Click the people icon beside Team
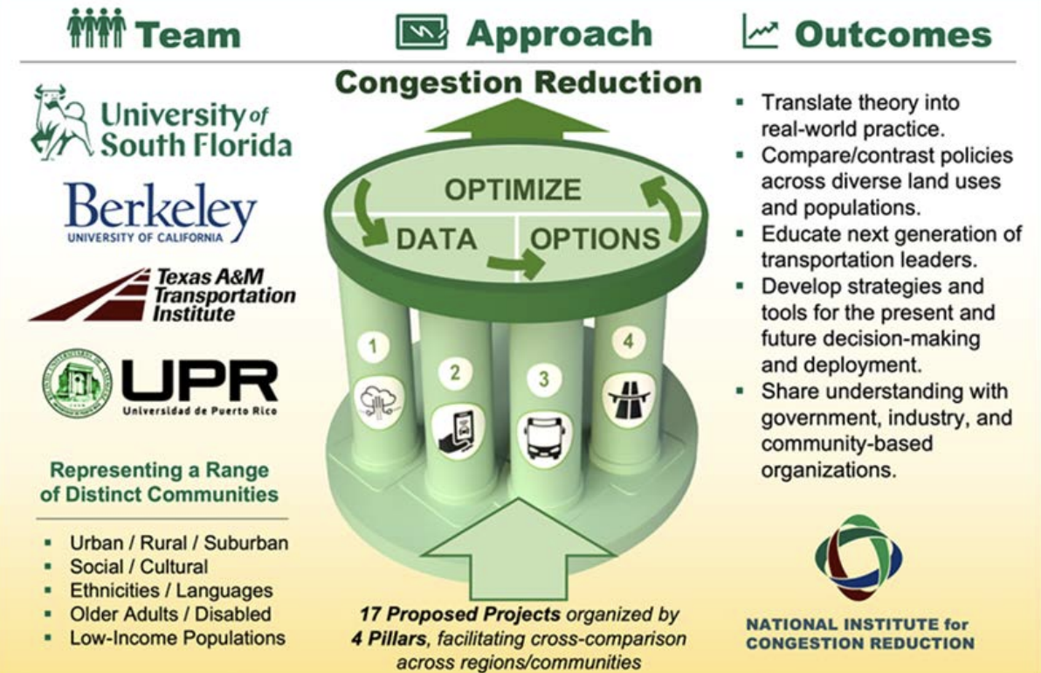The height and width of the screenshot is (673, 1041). tap(95, 29)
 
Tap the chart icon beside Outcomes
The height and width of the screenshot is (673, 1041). tap(760, 31)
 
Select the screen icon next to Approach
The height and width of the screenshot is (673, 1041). tap(422, 32)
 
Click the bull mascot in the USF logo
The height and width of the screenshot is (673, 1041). tap(62, 122)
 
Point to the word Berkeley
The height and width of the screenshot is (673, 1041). tap(160, 206)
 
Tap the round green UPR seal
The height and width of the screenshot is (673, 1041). tap(77, 384)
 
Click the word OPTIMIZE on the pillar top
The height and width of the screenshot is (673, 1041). tap(513, 190)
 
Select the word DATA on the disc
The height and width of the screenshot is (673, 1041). tap(436, 239)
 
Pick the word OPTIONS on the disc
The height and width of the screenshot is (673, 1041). tap(595, 239)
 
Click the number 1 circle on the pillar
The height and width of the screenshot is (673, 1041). tap(373, 345)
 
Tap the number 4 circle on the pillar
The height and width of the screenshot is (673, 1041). tap(628, 342)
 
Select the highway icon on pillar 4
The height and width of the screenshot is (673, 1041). tap(629, 398)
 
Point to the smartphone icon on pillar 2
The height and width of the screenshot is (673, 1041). tap(458, 432)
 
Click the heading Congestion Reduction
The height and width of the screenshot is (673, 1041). tap(519, 83)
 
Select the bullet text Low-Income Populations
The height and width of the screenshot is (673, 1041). tap(177, 638)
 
